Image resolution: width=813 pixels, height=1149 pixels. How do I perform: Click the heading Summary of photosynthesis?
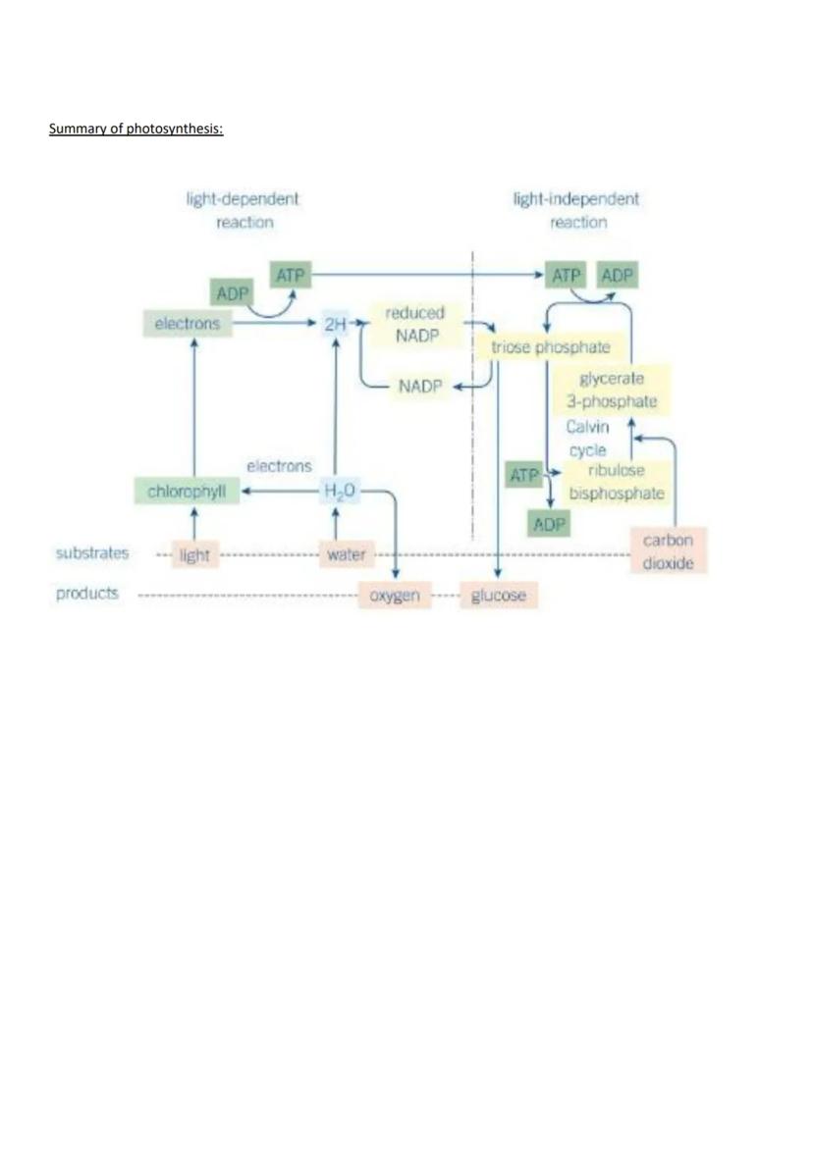click(x=136, y=129)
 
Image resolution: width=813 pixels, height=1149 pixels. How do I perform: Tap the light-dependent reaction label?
click(x=244, y=210)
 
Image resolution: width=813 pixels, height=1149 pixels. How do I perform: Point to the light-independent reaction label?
click(x=576, y=210)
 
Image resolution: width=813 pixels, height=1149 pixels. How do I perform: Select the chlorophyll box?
click(x=187, y=491)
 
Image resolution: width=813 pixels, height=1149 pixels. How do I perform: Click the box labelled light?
click(x=194, y=555)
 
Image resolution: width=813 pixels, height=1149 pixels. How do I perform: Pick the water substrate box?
click(x=346, y=554)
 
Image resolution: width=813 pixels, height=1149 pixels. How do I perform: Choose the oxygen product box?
click(x=394, y=596)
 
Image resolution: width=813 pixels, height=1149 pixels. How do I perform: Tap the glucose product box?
click(x=499, y=596)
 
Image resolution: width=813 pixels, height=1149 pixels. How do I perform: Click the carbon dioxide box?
click(x=668, y=551)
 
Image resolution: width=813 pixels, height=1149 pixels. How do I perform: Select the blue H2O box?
click(x=337, y=491)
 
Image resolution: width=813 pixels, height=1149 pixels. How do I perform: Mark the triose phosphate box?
click(x=550, y=347)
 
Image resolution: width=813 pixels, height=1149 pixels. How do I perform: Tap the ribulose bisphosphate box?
click(x=616, y=482)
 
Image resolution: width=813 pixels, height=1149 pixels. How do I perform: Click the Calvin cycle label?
click(x=587, y=439)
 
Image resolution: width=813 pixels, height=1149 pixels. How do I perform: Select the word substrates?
click(x=92, y=553)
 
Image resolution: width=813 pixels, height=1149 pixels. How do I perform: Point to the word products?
click(x=87, y=594)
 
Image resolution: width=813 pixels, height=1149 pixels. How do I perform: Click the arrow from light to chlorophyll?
click(x=193, y=522)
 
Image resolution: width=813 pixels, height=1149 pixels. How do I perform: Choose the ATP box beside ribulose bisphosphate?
click(x=525, y=475)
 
